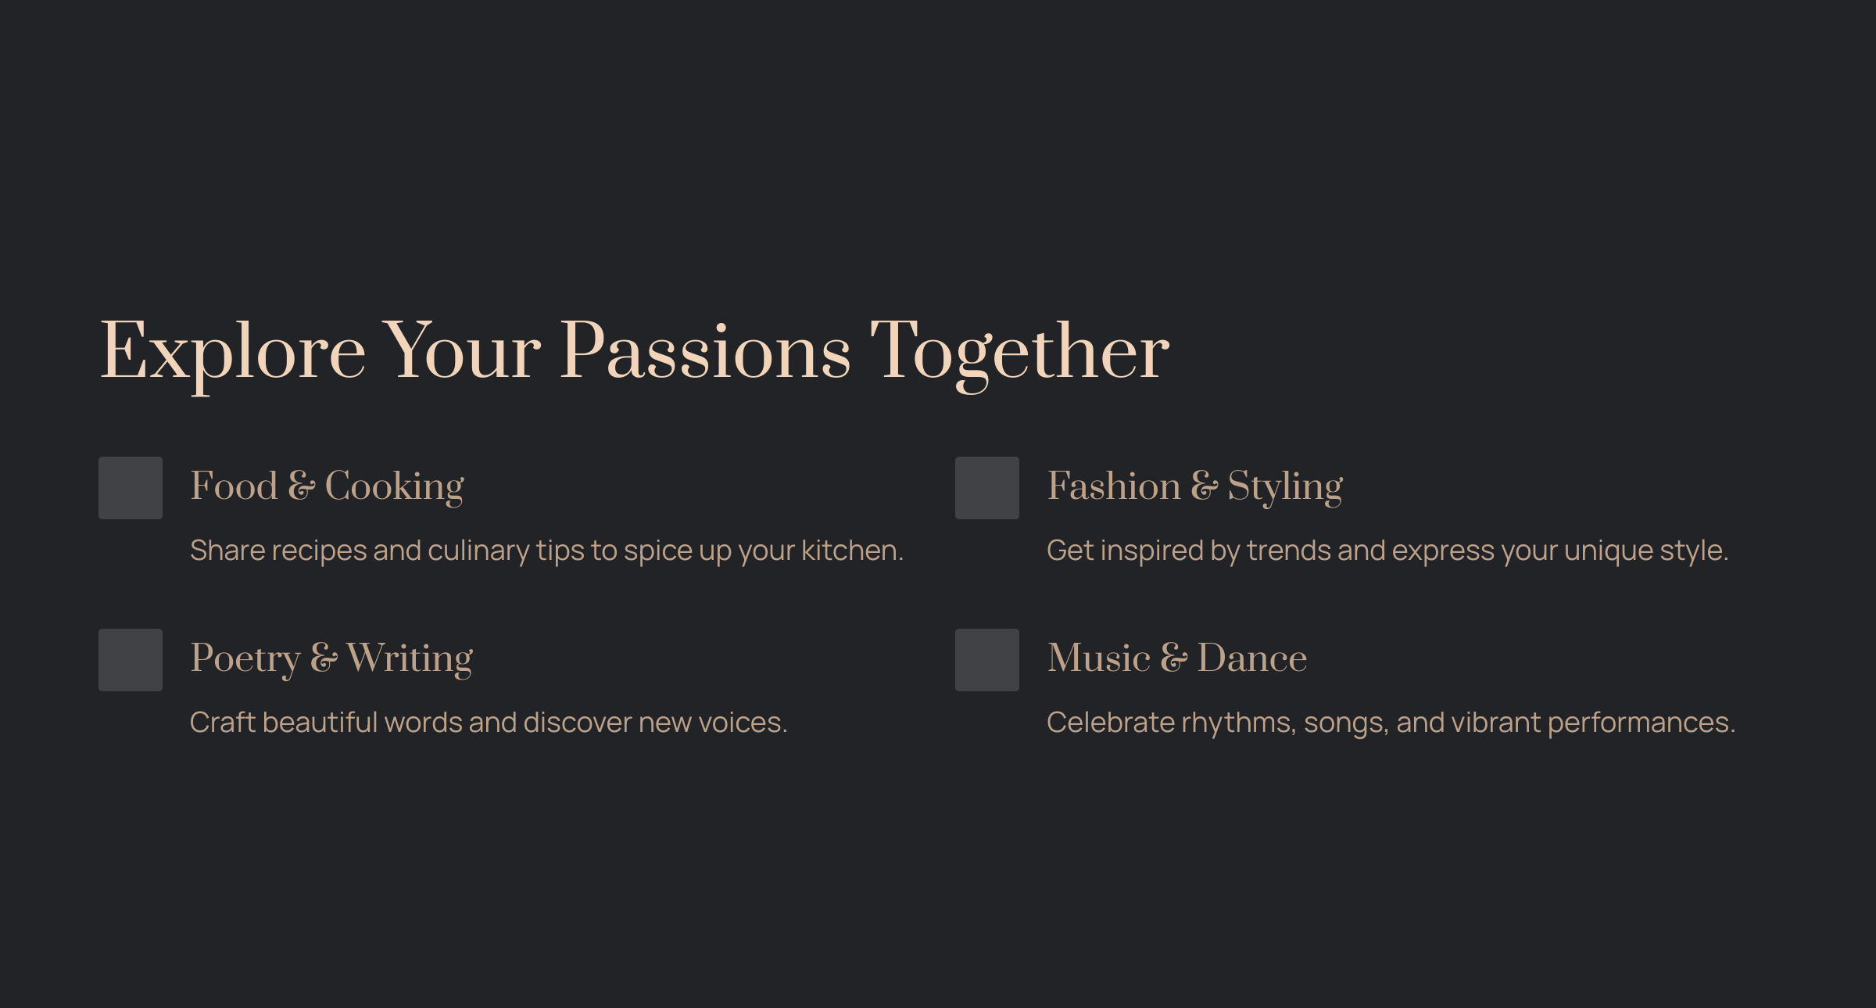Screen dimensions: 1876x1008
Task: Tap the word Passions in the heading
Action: pos(706,351)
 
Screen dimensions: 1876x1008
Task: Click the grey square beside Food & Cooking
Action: pos(131,488)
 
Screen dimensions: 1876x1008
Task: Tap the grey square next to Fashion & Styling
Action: pos(987,488)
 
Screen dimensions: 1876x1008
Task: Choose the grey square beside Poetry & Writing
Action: pos(131,660)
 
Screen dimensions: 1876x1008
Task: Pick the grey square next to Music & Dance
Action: pos(987,660)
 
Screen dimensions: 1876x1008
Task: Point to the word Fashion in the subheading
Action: pos(1115,486)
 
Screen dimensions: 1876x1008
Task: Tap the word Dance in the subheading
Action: pos(1252,658)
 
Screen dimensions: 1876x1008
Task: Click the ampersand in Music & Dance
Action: pos(1174,658)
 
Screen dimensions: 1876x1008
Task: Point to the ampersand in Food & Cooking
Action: pos(302,486)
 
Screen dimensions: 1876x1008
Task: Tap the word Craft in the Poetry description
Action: pos(223,723)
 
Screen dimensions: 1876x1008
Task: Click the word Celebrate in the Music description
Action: pos(1111,723)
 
